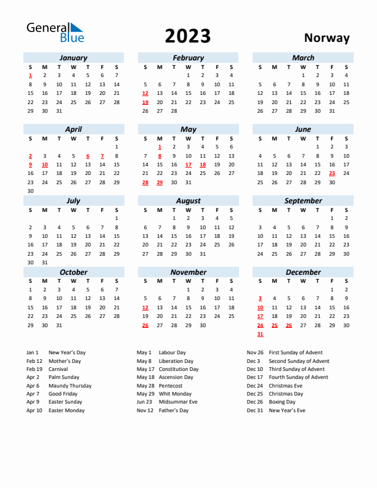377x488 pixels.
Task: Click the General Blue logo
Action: [x=54, y=33]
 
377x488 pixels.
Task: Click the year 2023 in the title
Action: [x=188, y=36]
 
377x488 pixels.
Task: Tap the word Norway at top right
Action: [x=326, y=38]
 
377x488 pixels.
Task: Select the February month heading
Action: [x=188, y=58]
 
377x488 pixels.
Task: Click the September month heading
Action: [x=303, y=201]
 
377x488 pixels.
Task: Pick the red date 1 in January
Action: [x=30, y=76]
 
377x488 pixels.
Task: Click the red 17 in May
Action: [x=188, y=165]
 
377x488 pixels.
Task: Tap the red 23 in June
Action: [x=332, y=173]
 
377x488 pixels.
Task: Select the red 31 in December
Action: [x=260, y=334]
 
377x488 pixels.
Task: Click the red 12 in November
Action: [x=145, y=307]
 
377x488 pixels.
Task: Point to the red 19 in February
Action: [x=145, y=102]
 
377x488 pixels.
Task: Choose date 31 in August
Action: [x=203, y=253]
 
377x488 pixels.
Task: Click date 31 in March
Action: [x=332, y=111]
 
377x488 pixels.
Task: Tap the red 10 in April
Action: [x=44, y=165]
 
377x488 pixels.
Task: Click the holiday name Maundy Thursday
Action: [x=70, y=386]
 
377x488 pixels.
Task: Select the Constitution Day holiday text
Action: [x=179, y=369]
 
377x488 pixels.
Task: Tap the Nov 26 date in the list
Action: [x=254, y=352]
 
